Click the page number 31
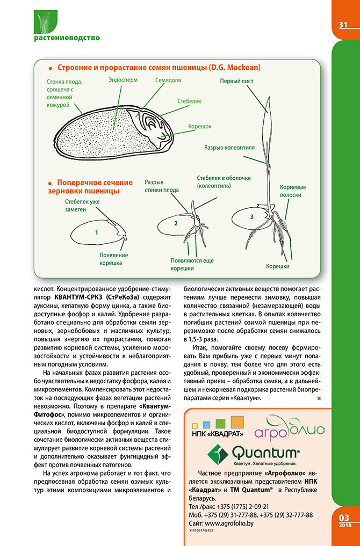pyautogui.click(x=344, y=25)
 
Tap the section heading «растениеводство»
pyautogui.click(x=67, y=38)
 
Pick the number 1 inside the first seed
pyautogui.click(x=96, y=233)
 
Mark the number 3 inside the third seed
pyautogui.click(x=251, y=216)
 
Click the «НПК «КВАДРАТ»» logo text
pyautogui.click(x=218, y=433)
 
